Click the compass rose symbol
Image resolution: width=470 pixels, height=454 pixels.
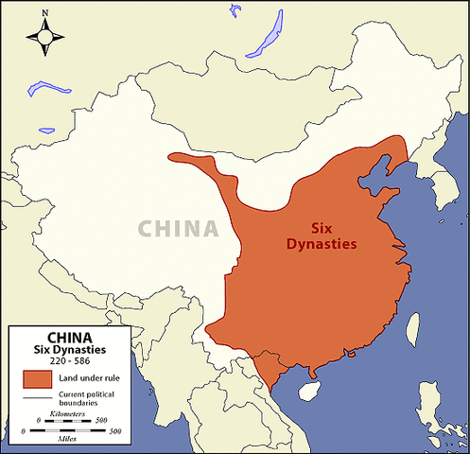[44, 36]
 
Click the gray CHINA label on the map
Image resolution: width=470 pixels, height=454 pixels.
[178, 228]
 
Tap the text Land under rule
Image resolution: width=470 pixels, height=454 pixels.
[88, 378]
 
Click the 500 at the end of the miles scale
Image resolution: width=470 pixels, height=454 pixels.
[114, 431]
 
